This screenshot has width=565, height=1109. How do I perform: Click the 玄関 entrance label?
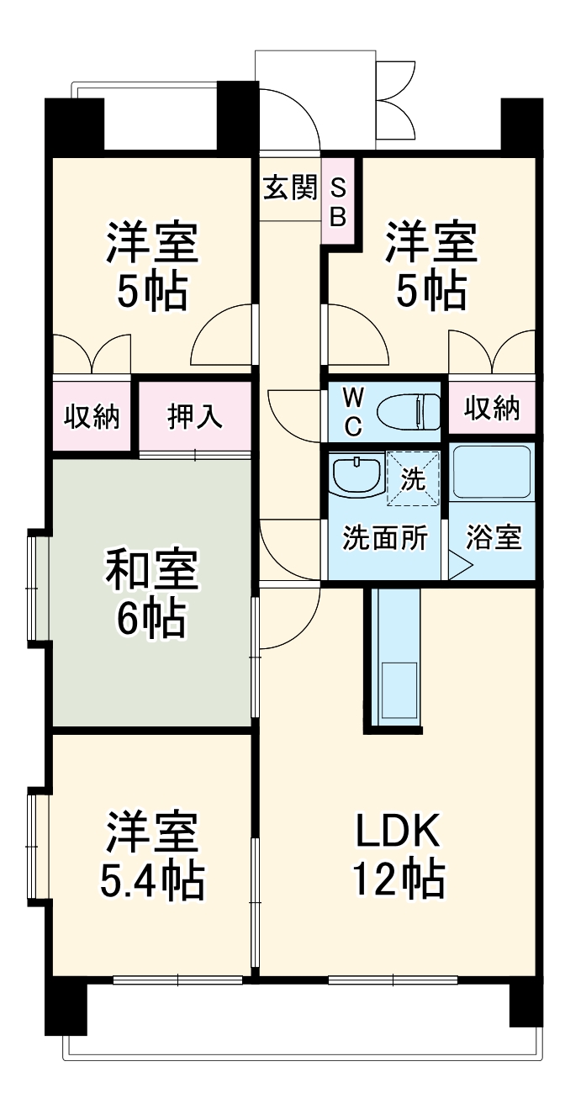pos(289,188)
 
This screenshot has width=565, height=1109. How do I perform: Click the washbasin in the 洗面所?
pos(356,475)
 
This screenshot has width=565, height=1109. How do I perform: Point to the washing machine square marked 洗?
pos(413,479)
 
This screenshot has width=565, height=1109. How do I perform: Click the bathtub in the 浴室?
pos(492,473)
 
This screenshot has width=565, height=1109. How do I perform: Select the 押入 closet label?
pos(195,417)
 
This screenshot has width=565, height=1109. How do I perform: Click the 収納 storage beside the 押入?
pos(92,417)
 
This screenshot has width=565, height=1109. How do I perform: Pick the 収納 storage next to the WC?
pos(493,409)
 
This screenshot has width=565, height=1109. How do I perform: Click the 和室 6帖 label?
pos(151,593)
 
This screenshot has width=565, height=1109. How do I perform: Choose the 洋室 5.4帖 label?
pos(151,855)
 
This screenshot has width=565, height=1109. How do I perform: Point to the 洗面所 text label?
pos(384,538)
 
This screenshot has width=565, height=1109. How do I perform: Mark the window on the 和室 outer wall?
pos(36,589)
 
